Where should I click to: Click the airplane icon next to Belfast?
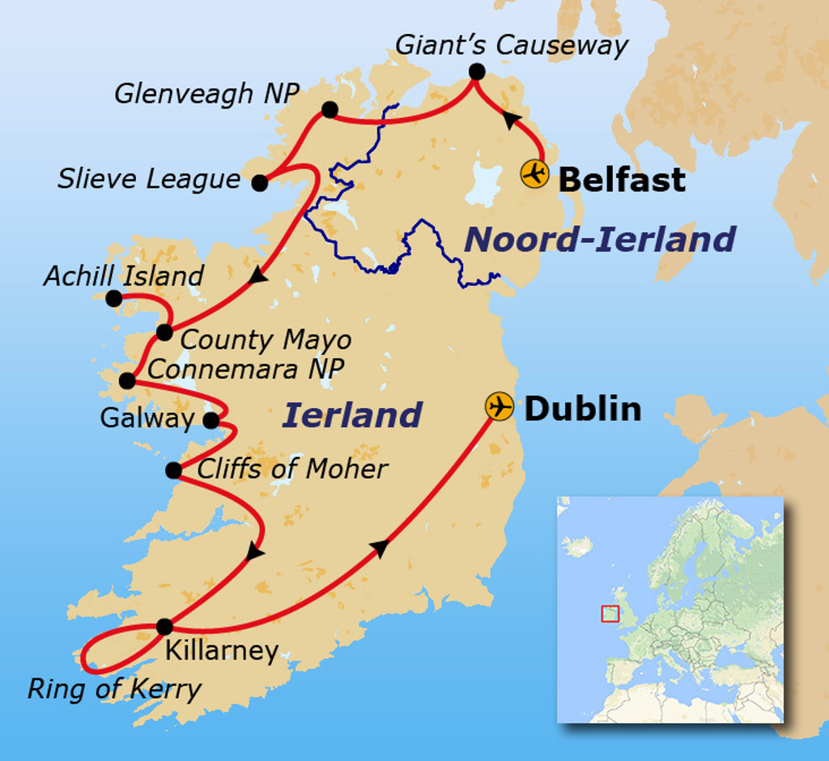(534, 174)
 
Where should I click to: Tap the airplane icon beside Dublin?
(500, 406)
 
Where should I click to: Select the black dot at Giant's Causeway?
(477, 72)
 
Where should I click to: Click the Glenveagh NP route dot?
(329, 109)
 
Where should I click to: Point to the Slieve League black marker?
(259, 183)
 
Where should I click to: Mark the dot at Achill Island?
(114, 299)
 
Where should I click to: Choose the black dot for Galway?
(210, 420)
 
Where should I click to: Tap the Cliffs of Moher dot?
(173, 470)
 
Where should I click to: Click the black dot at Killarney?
(164, 626)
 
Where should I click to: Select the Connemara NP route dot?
(127, 380)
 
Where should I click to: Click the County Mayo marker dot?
(164, 332)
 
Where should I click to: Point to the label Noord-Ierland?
(599, 240)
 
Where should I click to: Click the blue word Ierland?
(351, 415)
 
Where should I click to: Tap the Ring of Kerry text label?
(114, 689)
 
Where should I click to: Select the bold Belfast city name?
(622, 179)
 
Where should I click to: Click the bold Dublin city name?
(582, 409)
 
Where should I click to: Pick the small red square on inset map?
(610, 614)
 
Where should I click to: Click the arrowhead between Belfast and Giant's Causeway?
(509, 120)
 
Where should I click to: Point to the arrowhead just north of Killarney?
(253, 554)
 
